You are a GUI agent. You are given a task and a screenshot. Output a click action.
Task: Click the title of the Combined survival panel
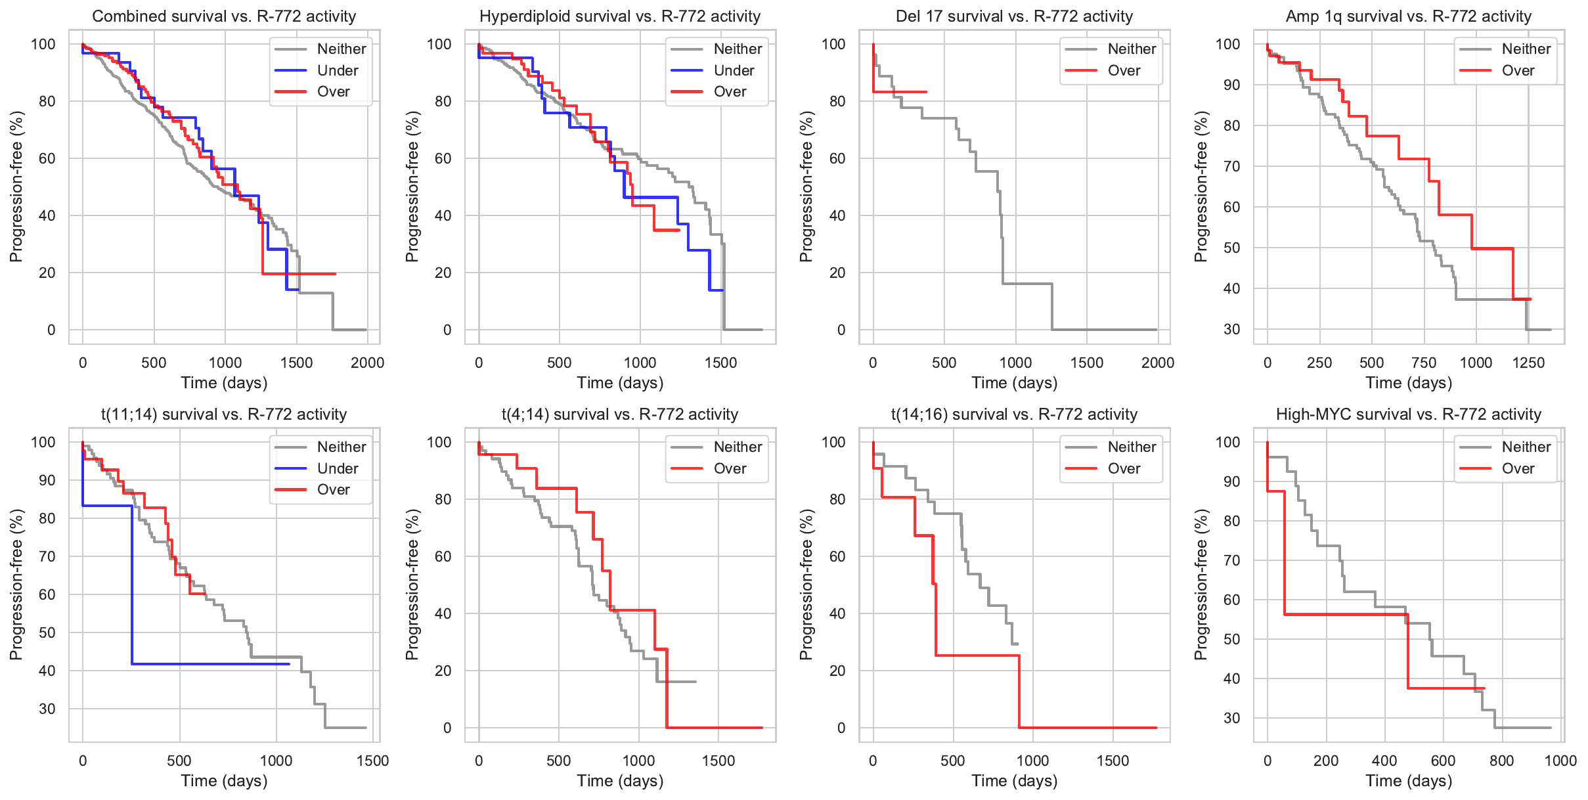pos(224,16)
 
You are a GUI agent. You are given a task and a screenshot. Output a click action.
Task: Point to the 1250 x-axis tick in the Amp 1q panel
pos(1528,363)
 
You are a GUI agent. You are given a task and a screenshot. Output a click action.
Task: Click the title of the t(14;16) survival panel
pos(1014,414)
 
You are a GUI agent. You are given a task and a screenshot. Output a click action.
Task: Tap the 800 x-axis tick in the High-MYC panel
pos(1502,761)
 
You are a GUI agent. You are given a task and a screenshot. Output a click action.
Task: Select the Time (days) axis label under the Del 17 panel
pos(1014,383)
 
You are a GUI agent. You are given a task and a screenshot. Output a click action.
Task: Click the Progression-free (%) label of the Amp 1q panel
pos(1201,187)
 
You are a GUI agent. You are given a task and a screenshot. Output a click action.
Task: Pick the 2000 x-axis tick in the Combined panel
pos(367,363)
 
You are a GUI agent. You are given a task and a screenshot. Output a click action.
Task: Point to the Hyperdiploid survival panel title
pos(620,16)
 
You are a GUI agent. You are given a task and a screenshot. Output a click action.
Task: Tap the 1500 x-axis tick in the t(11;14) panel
pos(372,761)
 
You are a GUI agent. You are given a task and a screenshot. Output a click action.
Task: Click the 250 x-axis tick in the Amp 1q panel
pos(1319,363)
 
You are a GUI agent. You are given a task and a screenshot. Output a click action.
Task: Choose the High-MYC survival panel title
pos(1408,414)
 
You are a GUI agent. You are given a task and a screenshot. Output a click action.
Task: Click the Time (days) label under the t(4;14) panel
pos(620,781)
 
